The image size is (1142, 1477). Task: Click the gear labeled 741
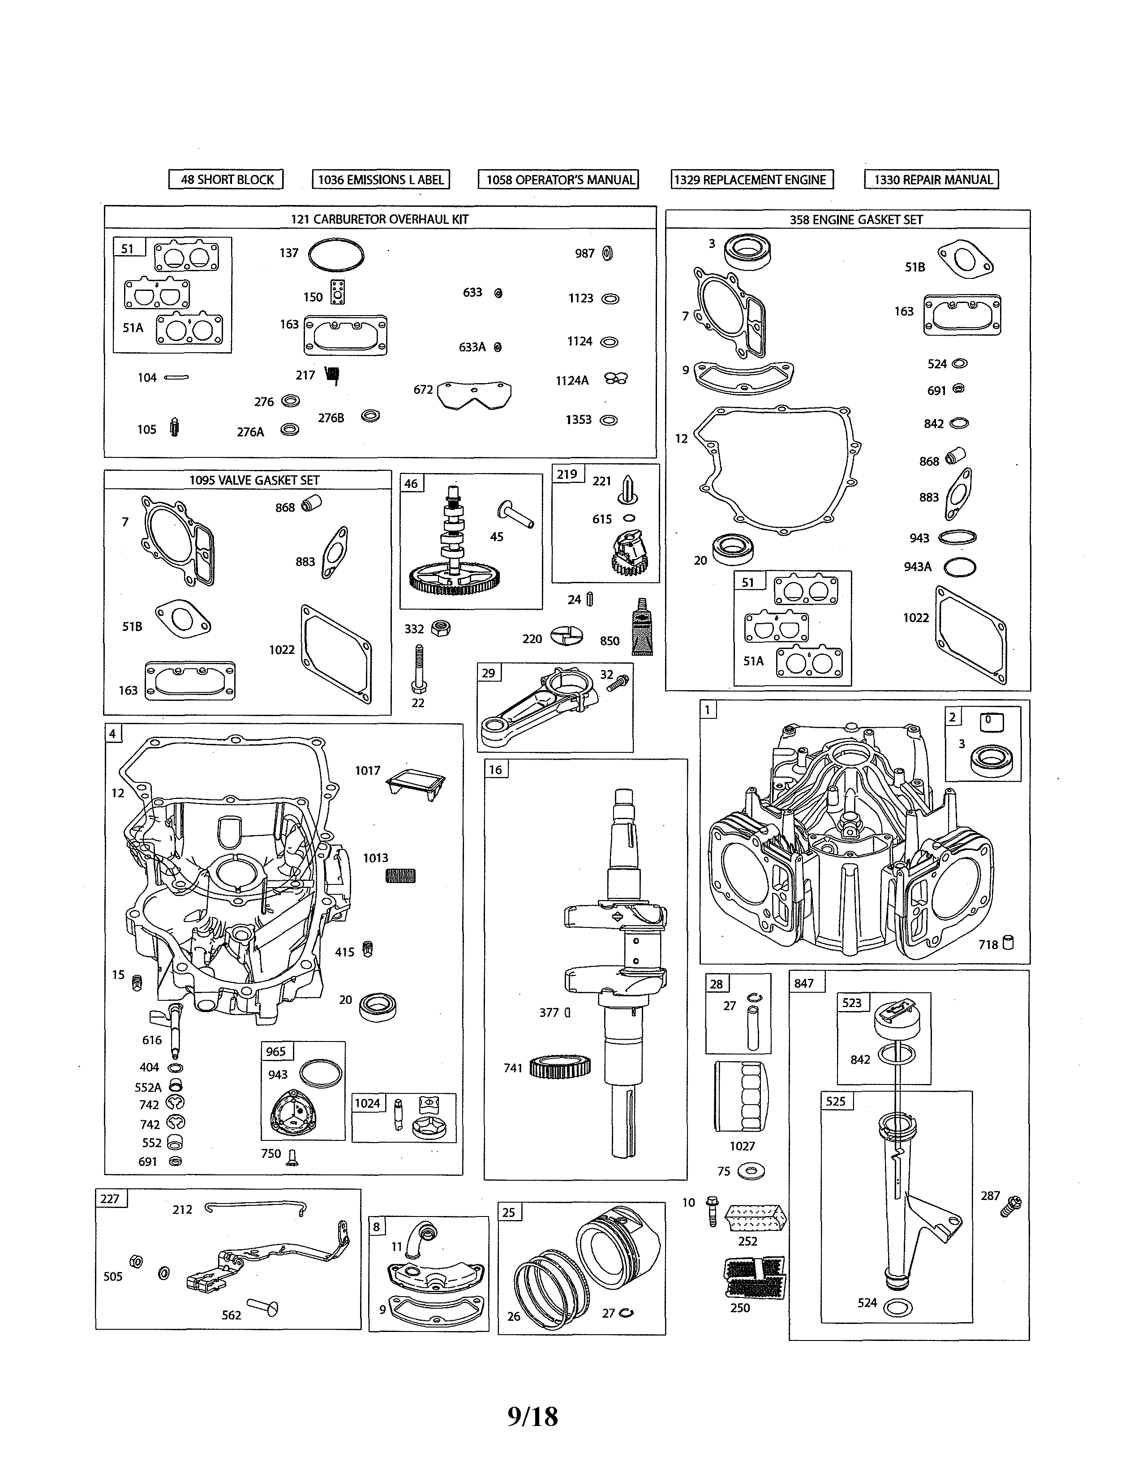pos(560,1067)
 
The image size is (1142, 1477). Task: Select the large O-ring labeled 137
pos(335,256)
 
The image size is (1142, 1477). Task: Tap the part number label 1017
pos(367,770)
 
